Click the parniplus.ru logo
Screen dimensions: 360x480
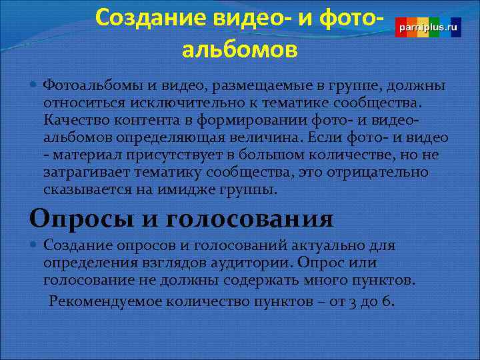coord(428,27)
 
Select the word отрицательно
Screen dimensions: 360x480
coord(373,173)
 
